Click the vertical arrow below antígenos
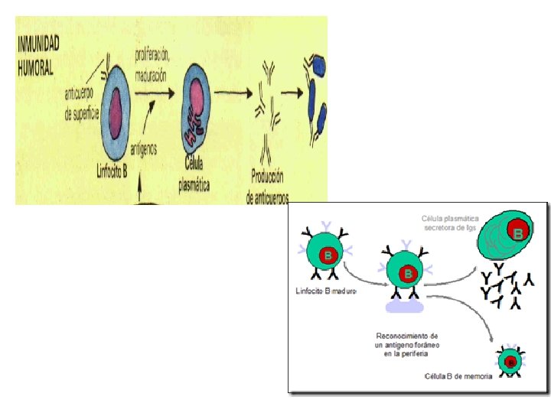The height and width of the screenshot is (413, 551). (x=142, y=187)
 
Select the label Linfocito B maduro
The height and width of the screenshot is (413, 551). (x=328, y=291)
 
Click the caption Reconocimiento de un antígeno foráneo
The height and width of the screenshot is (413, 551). (x=406, y=345)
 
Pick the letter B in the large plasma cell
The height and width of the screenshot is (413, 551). (x=518, y=233)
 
